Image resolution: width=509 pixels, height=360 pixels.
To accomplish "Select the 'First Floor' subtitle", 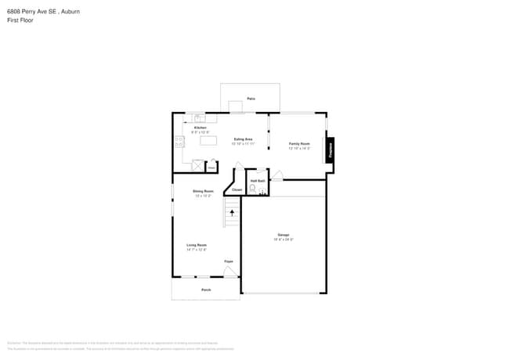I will [x=19, y=21].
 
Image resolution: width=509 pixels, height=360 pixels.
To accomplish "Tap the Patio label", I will [x=251, y=99].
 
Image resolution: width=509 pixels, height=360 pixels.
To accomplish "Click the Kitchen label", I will [x=200, y=128].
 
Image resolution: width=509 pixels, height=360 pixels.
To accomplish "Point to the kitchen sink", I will [x=200, y=118].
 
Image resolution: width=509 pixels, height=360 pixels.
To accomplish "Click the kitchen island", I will [x=208, y=141].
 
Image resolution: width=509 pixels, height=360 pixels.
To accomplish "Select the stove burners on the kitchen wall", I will [x=178, y=142].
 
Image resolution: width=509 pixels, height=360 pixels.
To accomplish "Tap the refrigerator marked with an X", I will [x=197, y=165].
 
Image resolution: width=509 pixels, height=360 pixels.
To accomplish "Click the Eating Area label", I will [x=243, y=139].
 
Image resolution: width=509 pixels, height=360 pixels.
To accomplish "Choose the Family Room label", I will [x=299, y=144].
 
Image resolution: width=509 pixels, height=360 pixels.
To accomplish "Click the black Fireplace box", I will [x=330, y=148].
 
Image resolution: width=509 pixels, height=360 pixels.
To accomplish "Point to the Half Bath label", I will [x=257, y=181].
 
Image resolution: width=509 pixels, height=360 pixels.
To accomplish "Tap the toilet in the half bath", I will [x=252, y=189].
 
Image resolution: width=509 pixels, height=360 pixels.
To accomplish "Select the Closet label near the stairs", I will [x=236, y=189].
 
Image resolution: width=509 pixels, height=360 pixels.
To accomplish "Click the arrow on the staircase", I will [x=232, y=211].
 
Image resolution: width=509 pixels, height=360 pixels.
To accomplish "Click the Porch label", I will [x=206, y=290].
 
